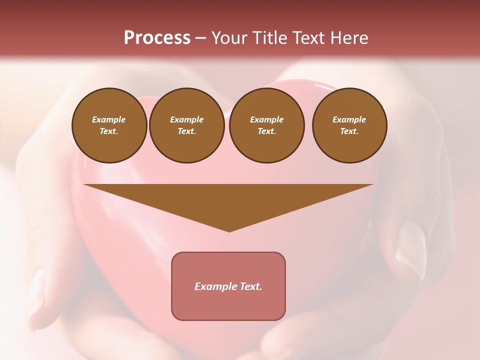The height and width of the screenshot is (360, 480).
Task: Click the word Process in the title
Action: (x=157, y=38)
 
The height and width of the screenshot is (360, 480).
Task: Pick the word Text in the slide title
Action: (x=309, y=38)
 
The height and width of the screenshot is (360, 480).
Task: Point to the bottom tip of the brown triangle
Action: (x=229, y=231)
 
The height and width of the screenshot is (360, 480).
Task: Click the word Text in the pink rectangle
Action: (x=251, y=286)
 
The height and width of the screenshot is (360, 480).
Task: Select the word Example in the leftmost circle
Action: (x=109, y=119)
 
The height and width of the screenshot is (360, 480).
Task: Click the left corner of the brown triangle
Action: (x=84, y=185)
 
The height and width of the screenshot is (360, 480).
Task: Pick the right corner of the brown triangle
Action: (x=372, y=185)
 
